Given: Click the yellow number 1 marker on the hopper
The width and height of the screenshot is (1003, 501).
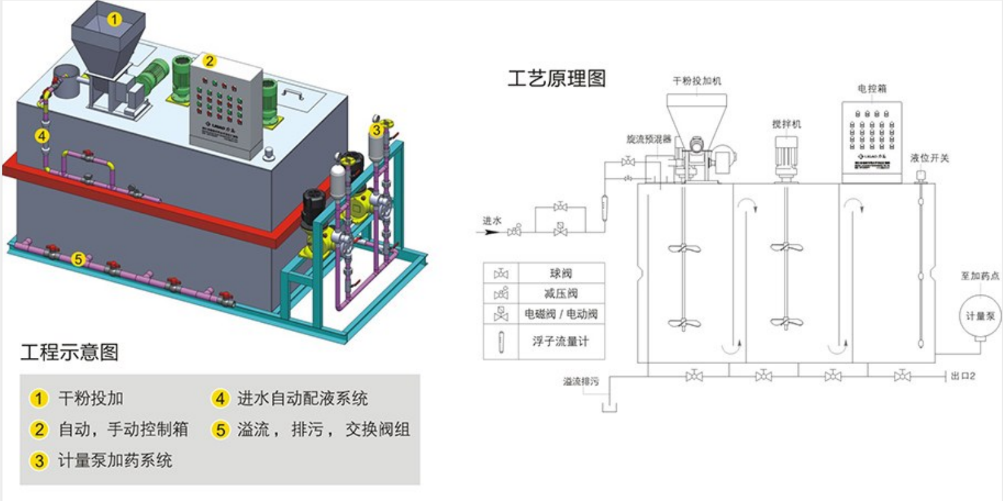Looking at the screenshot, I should point(114,19).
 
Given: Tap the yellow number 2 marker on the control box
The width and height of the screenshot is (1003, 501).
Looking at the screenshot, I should point(210,61).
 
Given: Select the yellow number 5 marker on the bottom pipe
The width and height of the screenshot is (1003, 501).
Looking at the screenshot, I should point(78,259).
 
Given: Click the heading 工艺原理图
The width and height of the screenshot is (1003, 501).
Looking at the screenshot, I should point(557,78).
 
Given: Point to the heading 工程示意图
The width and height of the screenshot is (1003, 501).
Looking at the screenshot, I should point(70,352).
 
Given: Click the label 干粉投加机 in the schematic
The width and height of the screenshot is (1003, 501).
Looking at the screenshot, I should point(697,81).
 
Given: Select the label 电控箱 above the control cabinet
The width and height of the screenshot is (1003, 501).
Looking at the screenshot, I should point(872,89).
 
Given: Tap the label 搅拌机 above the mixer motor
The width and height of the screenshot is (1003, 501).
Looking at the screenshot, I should point(786,124).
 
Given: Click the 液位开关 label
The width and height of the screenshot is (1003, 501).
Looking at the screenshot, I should point(930,158).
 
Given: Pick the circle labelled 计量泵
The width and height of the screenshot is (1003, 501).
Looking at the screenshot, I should point(979,316).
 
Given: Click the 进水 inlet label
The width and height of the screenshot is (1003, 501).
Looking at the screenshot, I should point(491,220).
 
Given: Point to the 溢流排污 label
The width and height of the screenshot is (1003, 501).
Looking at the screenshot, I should point(581,381).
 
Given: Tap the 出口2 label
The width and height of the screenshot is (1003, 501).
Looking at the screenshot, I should point(963,376).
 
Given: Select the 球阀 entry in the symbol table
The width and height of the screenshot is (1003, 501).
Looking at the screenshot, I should point(560,273).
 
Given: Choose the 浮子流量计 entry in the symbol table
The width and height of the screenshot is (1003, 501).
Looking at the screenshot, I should point(560,341).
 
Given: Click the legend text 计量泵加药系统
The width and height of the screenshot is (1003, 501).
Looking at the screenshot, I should point(115,460).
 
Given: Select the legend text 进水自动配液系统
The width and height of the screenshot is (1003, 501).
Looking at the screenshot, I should point(302,398).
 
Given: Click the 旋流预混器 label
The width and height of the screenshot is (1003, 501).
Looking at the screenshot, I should point(648,139).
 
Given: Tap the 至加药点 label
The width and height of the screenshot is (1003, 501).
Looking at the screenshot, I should point(980,276).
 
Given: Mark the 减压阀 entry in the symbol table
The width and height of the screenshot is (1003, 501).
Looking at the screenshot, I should point(560,293).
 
